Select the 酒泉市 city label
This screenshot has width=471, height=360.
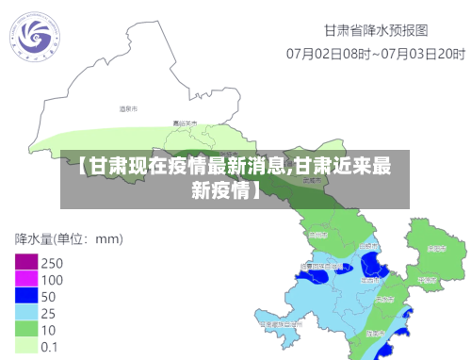[x=128, y=109]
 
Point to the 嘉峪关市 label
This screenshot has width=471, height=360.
[x=185, y=123]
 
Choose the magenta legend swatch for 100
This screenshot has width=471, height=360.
[x=26, y=280]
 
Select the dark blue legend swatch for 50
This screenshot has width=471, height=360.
[x=26, y=297]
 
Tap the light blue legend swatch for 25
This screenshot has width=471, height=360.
[x=26, y=313]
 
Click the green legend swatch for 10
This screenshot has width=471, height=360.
[x=26, y=330]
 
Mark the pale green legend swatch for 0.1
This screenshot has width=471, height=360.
[x=26, y=346]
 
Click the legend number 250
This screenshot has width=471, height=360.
[x=53, y=263]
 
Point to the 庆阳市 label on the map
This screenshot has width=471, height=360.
[x=435, y=249]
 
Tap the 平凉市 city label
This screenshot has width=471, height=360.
[x=426, y=280]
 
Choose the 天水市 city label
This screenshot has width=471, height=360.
[x=385, y=298]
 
